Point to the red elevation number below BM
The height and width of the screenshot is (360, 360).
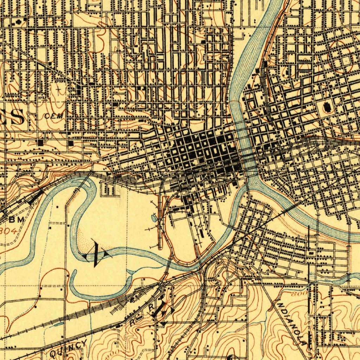9,231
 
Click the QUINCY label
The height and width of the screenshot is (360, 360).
68,348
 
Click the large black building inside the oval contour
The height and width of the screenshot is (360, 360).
328,107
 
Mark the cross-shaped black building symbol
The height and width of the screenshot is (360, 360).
18,22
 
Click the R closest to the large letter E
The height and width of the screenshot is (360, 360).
151,307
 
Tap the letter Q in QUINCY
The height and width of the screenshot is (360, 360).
54,353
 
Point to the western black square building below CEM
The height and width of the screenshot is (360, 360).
41,143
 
